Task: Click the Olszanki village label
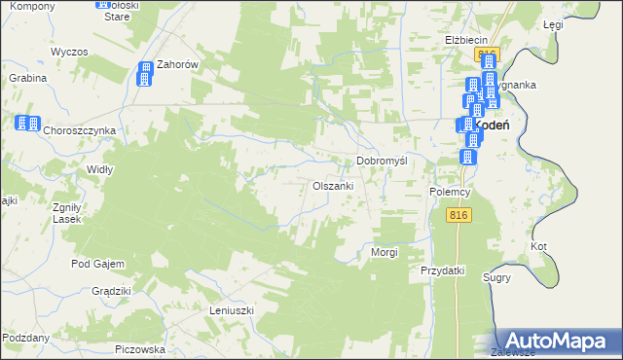coord(339,185)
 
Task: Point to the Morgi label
coord(385,252)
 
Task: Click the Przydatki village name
coord(443,270)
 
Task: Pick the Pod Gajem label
coord(94,264)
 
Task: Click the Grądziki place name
coord(111,291)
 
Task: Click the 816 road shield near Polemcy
coord(460,215)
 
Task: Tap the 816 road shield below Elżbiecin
coord(488,54)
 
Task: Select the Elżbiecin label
coord(466,40)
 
